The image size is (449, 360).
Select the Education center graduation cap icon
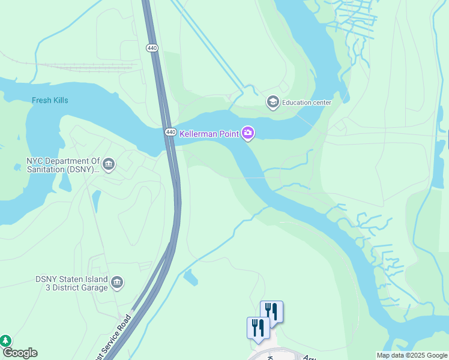coord(273,102)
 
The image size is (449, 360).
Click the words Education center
coord(307,103)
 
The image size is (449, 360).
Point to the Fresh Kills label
coord(50,100)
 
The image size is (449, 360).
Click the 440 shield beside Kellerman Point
coord(170,132)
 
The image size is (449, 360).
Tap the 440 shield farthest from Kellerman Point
coord(151,47)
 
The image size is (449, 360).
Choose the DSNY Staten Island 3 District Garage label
coord(71,283)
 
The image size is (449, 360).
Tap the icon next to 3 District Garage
coord(117,283)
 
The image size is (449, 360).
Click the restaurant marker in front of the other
coord(258,328)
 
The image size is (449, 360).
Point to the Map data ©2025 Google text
coord(412,355)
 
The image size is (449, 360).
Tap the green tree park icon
coord(5,341)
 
